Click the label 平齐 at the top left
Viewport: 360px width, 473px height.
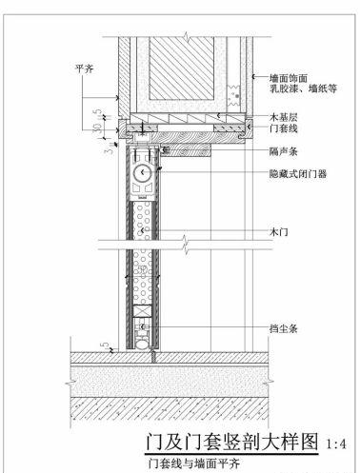84,69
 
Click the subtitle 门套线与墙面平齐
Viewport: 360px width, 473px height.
181,464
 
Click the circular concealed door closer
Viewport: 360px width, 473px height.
143,173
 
